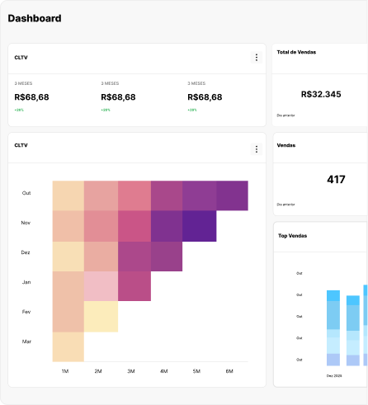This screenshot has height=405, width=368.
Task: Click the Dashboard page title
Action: pos(35,18)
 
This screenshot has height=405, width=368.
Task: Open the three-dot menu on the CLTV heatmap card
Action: pos(257,148)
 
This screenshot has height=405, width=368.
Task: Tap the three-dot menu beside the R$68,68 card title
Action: pos(257,58)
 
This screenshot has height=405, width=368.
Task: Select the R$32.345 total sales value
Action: pos(321,94)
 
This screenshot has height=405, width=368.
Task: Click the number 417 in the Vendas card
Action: pos(336,179)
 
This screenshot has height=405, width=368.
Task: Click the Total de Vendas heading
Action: pos(297,52)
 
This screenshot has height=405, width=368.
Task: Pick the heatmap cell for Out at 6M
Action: pos(232,195)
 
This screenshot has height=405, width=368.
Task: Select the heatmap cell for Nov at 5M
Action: pos(199,226)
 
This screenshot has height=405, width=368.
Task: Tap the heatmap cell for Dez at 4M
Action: pos(167,257)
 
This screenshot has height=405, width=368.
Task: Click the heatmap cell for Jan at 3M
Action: pos(134,285)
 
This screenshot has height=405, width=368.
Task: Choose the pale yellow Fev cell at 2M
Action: pos(101,317)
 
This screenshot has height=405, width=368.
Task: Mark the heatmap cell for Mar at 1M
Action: pos(68,346)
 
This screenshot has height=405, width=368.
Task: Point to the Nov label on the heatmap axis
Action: pos(26,223)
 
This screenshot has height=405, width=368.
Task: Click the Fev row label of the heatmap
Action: pos(26,312)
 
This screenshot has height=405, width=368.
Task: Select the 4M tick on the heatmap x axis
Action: pos(163,371)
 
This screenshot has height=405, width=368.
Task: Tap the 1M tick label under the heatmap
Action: pos(65,371)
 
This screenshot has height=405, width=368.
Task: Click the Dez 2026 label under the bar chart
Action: pos(334,375)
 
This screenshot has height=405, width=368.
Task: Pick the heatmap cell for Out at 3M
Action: pos(134,195)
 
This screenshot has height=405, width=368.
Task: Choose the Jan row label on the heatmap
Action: pos(26,282)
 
